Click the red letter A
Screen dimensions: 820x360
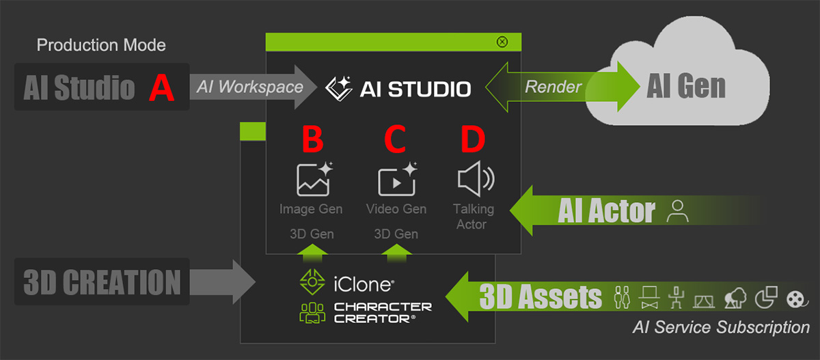tap(161, 87)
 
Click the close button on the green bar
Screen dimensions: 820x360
tap(502, 42)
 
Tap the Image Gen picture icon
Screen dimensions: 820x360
tap(314, 179)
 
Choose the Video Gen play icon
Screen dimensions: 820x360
tap(398, 179)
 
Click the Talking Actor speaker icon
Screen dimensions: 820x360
tap(476, 179)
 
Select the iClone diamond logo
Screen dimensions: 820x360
tap(312, 281)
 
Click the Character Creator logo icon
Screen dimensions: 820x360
tap(312, 313)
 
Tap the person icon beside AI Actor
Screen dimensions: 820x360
tap(677, 211)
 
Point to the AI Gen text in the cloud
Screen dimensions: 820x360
tap(686, 86)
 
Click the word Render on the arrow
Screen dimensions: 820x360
tap(553, 87)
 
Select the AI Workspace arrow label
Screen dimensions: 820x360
tap(249, 87)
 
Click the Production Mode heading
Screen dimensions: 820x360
tap(101, 45)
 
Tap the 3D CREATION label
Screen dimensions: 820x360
tap(102, 282)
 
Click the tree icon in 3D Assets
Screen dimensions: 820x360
tap(735, 298)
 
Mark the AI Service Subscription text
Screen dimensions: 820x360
tap(721, 327)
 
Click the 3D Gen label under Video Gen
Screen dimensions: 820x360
tap(396, 234)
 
